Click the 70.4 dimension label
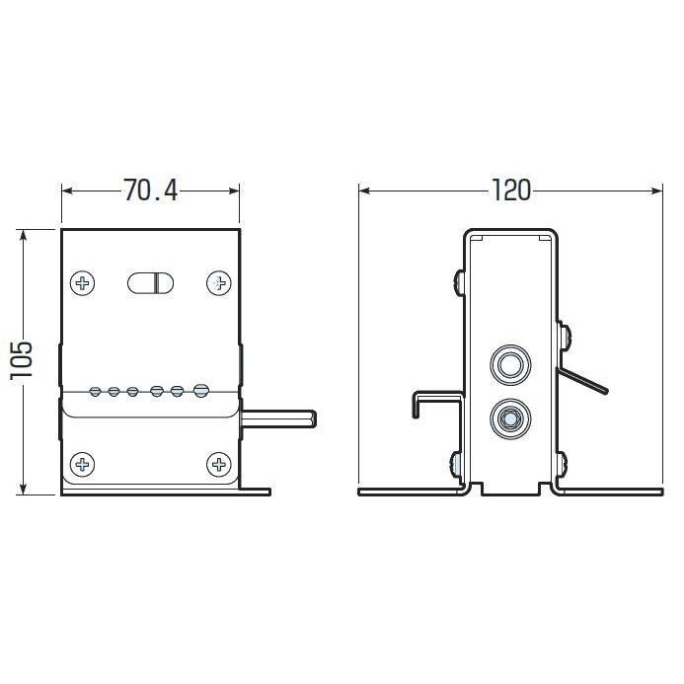(151, 190)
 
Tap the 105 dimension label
(22, 360)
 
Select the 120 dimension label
(511, 190)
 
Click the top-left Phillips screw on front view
(83, 283)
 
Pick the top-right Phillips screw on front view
(218, 283)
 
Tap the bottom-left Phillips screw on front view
(83, 465)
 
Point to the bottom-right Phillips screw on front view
(218, 465)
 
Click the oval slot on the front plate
(150, 283)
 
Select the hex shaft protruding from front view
(278, 418)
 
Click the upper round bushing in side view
(510, 364)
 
